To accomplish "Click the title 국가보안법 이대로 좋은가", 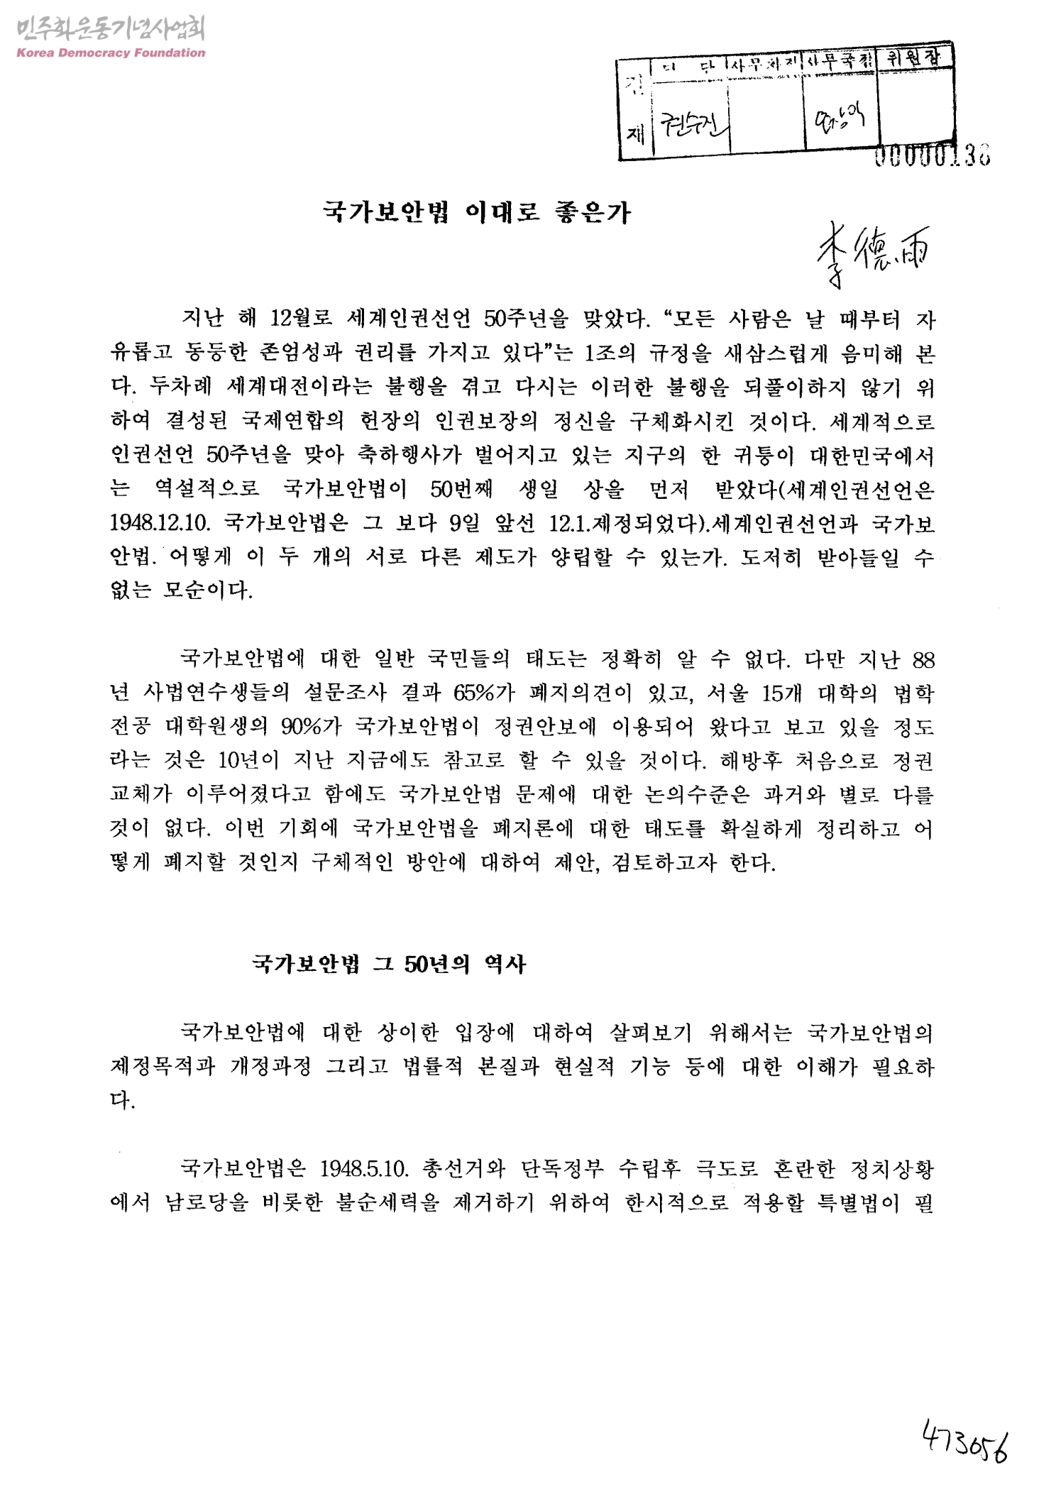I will (476, 212).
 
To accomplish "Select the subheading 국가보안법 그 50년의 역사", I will (389, 964).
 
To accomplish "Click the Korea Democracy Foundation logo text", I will (110, 53).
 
